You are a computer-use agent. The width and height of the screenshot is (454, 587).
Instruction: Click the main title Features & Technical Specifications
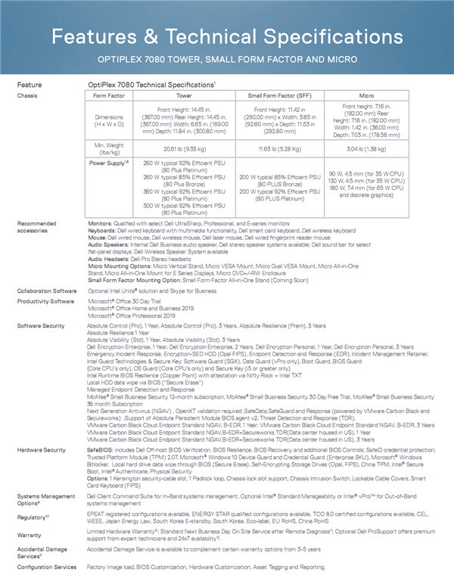coord(227,36)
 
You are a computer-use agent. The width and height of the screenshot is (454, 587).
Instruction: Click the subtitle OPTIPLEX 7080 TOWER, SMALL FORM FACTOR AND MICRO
coord(227,58)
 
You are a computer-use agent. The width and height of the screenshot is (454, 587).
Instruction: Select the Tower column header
coord(184,97)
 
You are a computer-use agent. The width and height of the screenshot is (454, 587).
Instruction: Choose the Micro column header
coord(367,97)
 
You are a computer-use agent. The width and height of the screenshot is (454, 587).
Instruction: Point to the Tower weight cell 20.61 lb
coord(184,149)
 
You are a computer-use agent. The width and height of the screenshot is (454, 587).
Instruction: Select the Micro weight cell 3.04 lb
coord(367,149)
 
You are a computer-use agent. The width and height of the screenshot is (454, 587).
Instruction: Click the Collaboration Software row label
coord(45,290)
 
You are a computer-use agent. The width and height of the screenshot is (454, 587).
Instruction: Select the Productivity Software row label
coord(44,301)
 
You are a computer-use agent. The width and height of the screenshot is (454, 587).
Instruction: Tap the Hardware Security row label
coord(41,449)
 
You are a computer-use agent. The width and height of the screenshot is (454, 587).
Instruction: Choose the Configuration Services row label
coord(46,567)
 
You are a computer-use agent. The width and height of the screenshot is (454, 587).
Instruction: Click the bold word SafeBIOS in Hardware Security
coord(101,449)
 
